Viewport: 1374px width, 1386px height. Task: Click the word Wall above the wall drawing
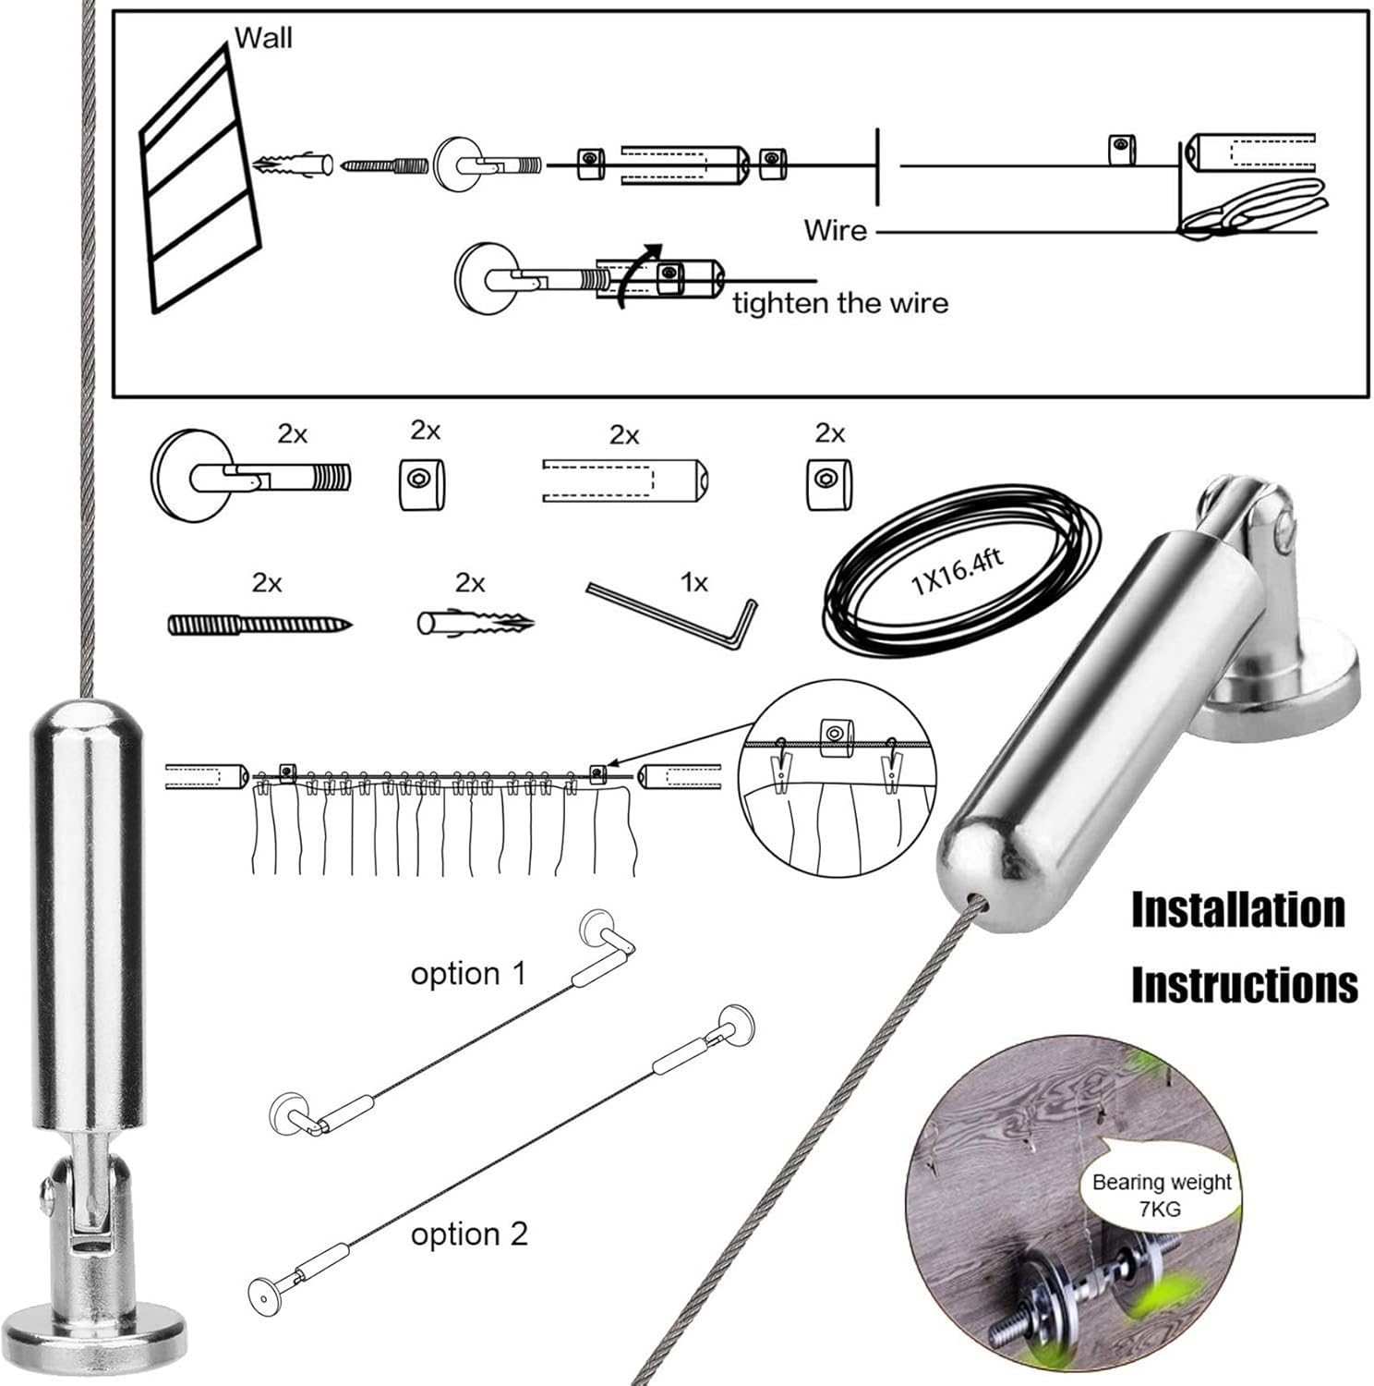click(263, 38)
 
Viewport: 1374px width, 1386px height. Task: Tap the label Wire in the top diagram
click(835, 229)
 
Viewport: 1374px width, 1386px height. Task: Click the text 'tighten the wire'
click(840, 303)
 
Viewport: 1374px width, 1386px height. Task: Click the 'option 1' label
click(468, 973)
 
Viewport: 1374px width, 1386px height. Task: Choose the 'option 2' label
click(469, 1234)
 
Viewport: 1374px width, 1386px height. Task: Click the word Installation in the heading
click(1237, 909)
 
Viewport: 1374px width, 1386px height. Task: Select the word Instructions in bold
click(1244, 984)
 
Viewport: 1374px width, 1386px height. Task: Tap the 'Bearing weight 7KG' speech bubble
click(1162, 1195)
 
